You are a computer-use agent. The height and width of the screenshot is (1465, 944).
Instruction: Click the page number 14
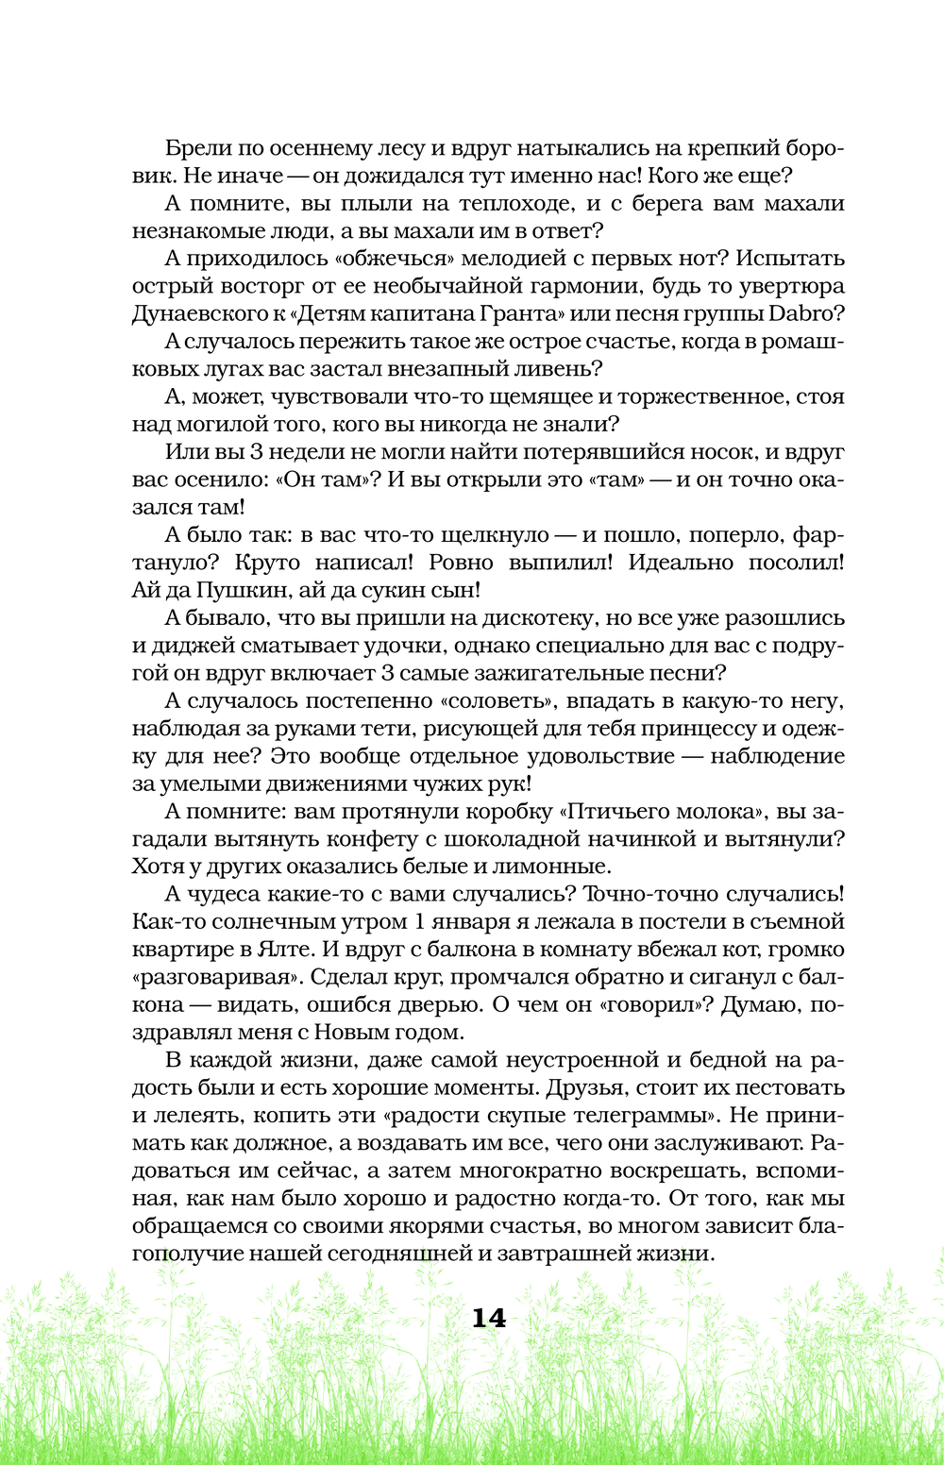click(x=489, y=1318)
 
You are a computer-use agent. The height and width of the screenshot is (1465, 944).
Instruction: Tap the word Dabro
click(x=808, y=313)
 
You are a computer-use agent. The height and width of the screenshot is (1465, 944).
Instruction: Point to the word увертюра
click(x=789, y=286)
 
